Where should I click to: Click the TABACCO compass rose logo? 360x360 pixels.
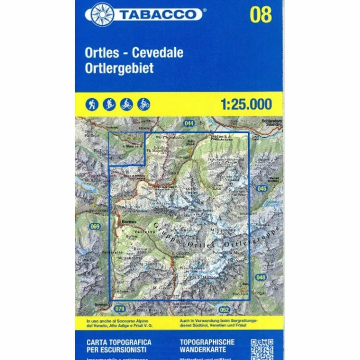(102, 14)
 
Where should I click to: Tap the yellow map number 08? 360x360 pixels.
(261, 14)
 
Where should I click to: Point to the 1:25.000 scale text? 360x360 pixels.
(246, 104)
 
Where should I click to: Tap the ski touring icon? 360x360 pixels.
(109, 104)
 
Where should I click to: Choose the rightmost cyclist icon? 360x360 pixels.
(144, 104)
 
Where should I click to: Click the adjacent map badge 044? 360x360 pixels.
(189, 123)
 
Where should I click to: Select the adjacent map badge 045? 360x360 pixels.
(262, 188)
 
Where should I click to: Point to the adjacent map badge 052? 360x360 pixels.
(224, 309)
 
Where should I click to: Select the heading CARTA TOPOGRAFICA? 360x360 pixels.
(119, 342)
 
